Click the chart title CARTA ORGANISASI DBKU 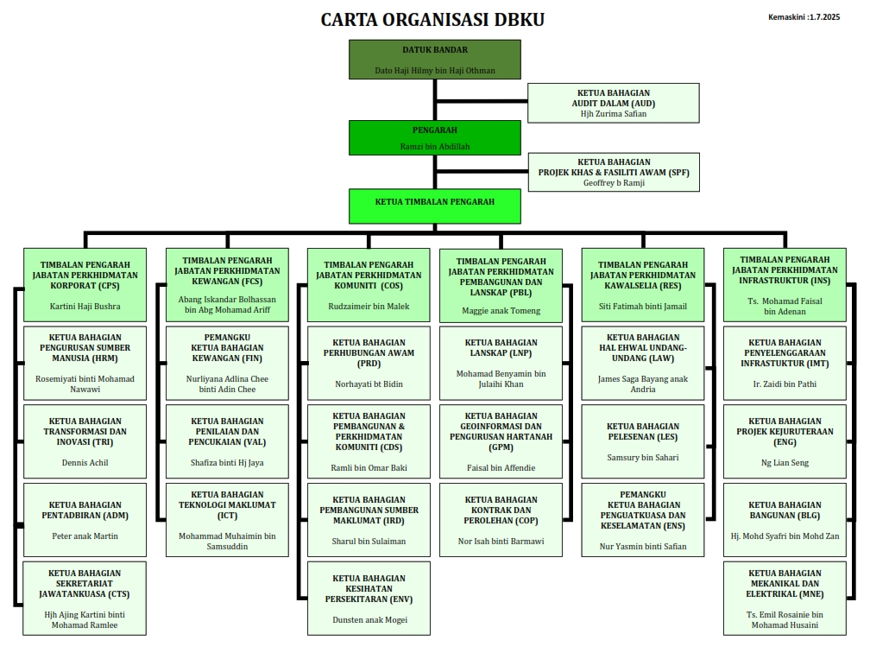(x=432, y=19)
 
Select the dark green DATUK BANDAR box (x=434, y=59)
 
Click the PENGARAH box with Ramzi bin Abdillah (x=434, y=136)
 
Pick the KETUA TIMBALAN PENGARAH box (x=434, y=205)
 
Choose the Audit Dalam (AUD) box (x=613, y=103)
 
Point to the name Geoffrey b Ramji (x=613, y=182)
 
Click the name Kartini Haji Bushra (x=85, y=306)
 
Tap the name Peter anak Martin (x=85, y=536)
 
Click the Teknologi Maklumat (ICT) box (x=227, y=519)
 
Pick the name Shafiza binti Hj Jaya (x=227, y=463)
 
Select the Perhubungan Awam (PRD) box (x=369, y=361)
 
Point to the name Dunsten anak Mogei (x=369, y=619)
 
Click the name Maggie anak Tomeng (x=501, y=311)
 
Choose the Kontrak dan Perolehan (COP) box (x=501, y=519)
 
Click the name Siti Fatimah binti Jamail (x=643, y=306)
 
